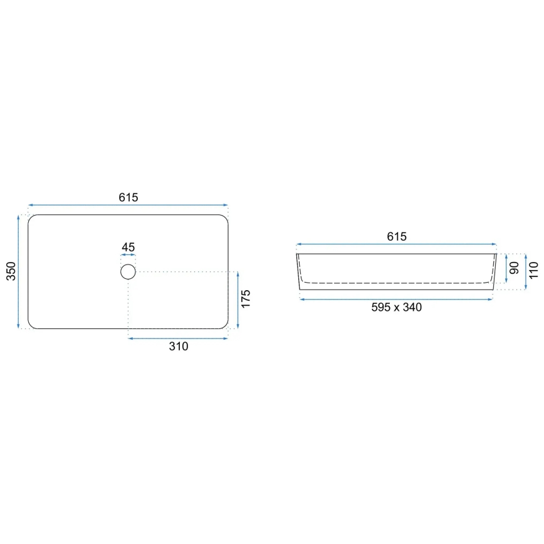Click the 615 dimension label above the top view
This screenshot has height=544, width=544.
[128, 197]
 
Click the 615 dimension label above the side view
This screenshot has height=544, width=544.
[397, 236]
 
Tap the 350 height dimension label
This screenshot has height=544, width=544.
[11, 271]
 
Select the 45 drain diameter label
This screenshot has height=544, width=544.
[128, 248]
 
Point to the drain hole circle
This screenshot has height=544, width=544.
[128, 271]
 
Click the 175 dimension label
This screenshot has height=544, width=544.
[246, 300]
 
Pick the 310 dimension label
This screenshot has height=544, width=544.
[179, 347]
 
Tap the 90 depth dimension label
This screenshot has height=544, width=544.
[515, 268]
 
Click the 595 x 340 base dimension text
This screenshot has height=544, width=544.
[396, 307]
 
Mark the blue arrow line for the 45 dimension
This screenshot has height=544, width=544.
[128, 256]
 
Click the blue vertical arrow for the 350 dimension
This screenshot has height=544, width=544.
[19, 271]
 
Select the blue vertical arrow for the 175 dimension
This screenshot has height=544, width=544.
[238, 300]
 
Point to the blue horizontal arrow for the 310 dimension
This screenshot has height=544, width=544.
[178, 338]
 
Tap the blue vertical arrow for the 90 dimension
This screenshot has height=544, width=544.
[506, 268]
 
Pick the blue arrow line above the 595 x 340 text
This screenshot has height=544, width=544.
[396, 300]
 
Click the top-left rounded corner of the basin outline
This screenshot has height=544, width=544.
[31, 218]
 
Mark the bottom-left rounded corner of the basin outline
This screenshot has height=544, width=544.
[31, 325]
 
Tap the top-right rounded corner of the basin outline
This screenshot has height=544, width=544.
[225, 218]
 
